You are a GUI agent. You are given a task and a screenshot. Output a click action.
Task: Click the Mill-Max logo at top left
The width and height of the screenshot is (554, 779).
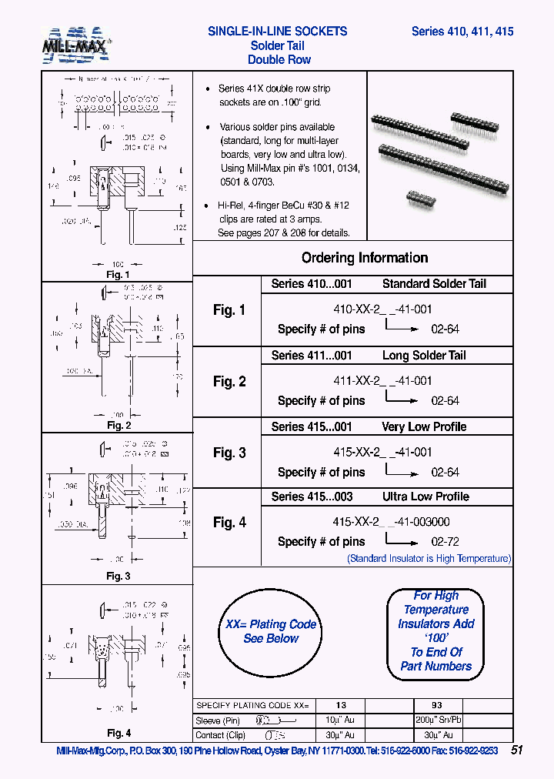[76, 45]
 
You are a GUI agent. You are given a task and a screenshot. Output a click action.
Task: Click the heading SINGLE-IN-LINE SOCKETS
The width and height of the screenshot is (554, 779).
[277, 32]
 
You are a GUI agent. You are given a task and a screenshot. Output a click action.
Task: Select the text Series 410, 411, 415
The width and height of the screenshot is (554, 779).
[462, 32]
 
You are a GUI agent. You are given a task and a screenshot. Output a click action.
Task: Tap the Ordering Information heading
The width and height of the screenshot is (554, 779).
[364, 258]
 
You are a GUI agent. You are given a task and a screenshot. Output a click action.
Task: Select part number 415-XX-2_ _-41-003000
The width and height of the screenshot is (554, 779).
[391, 522]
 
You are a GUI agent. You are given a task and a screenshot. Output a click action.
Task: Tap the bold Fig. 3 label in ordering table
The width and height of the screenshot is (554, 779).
[229, 453]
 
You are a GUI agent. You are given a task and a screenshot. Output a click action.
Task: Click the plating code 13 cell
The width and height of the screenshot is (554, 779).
[341, 705]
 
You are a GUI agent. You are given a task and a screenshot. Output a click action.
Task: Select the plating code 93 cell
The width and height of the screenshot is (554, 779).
[437, 705]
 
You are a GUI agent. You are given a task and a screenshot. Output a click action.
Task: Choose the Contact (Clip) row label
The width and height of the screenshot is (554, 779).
[221, 735]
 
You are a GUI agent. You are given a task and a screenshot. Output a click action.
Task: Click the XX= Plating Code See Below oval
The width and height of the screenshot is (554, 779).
[270, 631]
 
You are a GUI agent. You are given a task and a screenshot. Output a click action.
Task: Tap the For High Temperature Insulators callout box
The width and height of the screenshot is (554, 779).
[436, 631]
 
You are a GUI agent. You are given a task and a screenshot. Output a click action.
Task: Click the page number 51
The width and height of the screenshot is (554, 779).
[517, 751]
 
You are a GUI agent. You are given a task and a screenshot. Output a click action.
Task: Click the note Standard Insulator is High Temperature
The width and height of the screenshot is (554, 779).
[429, 559]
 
